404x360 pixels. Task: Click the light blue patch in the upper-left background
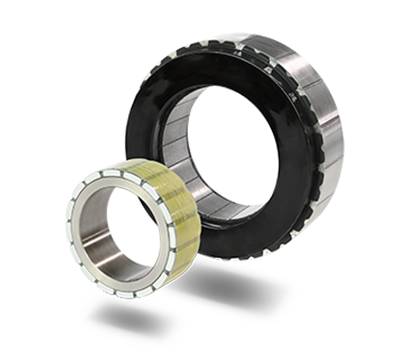pyautogui.click(x=88, y=54)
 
